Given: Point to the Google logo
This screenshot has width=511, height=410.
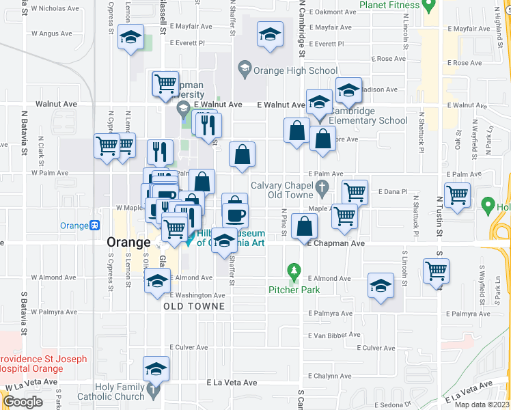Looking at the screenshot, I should pyautogui.click(x=23, y=402).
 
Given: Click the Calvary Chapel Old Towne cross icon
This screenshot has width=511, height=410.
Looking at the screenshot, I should pyautogui.click(x=322, y=186).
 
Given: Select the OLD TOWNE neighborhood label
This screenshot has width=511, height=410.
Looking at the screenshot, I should pyautogui.click(x=194, y=306).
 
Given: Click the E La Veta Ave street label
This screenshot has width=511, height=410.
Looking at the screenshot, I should pyautogui.click(x=231, y=383).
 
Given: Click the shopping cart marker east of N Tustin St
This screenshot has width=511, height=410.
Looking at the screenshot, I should pyautogui.click(x=457, y=194).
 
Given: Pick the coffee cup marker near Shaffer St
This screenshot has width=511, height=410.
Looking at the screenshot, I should pyautogui.click(x=235, y=215).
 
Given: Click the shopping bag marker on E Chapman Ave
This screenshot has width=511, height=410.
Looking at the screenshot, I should pyautogui.click(x=304, y=225).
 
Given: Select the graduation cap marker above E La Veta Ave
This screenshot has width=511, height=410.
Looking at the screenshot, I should pyautogui.click(x=156, y=369).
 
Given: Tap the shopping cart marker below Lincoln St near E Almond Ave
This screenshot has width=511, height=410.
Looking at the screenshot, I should pyautogui.click(x=436, y=271).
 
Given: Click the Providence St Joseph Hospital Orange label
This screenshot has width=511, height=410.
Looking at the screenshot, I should pyautogui.click(x=42, y=364).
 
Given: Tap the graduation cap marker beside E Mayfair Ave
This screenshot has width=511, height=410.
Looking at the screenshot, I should pyautogui.click(x=270, y=35).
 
